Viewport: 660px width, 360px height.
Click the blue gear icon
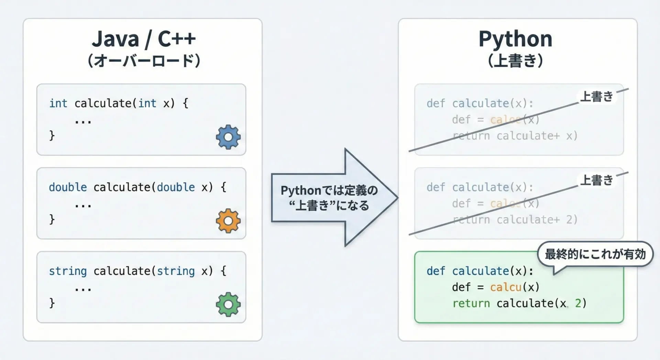point(228,137)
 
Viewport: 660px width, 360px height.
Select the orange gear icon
point(228,221)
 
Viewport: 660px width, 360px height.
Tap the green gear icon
point(228,304)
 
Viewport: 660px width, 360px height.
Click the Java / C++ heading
point(143,39)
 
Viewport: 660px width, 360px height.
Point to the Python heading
point(515,39)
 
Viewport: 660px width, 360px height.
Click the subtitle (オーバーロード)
point(144,61)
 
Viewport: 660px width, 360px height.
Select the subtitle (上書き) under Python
point(515,61)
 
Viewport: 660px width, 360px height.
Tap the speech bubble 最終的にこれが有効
point(595,254)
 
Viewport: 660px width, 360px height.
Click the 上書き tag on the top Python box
point(596,97)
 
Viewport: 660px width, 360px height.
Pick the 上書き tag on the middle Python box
point(596,180)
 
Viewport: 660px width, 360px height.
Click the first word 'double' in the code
point(68,187)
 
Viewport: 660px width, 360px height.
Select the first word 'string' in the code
point(68,271)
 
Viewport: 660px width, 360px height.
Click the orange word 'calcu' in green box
point(505,287)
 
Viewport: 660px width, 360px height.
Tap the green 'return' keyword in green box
point(471,303)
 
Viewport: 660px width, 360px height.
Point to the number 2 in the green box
point(578,303)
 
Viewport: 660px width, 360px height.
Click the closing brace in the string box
point(52,303)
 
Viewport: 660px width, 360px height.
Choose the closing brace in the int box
point(52,135)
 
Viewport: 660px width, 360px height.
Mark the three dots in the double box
point(83,206)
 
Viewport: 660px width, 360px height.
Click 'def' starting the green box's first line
point(436,271)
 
